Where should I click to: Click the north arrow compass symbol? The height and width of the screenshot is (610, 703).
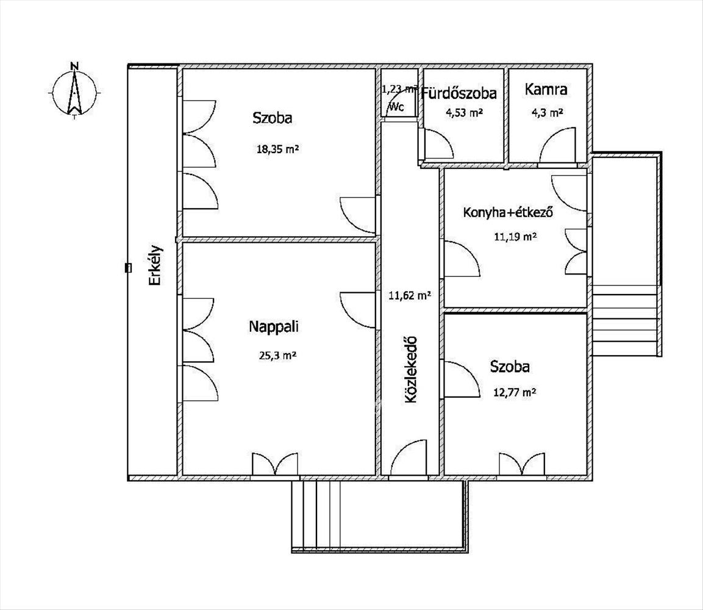tap(74, 91)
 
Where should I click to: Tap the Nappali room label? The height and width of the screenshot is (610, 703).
tap(274, 326)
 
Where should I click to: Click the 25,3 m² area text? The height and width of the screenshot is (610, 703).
tap(277, 356)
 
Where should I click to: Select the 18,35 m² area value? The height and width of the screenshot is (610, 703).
tap(277, 149)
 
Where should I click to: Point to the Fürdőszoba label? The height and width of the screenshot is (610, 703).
tap(459, 93)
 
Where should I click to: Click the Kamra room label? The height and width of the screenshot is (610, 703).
tap(546, 89)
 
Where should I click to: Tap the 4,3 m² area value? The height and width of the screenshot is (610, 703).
tap(547, 113)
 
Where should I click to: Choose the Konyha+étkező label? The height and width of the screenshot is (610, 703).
tap(508, 212)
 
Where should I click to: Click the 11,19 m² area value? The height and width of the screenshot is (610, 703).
tap(515, 237)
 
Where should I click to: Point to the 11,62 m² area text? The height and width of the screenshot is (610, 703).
tap(410, 295)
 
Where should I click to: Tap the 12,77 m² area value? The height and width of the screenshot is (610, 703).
tap(515, 392)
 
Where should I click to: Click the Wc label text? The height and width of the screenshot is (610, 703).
tap(397, 107)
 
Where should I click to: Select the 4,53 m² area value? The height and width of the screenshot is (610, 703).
tap(463, 113)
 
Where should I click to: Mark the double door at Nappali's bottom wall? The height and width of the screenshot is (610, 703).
tap(275, 464)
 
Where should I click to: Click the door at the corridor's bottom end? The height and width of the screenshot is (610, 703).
tap(409, 457)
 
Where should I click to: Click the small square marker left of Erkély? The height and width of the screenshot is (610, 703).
tap(128, 268)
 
